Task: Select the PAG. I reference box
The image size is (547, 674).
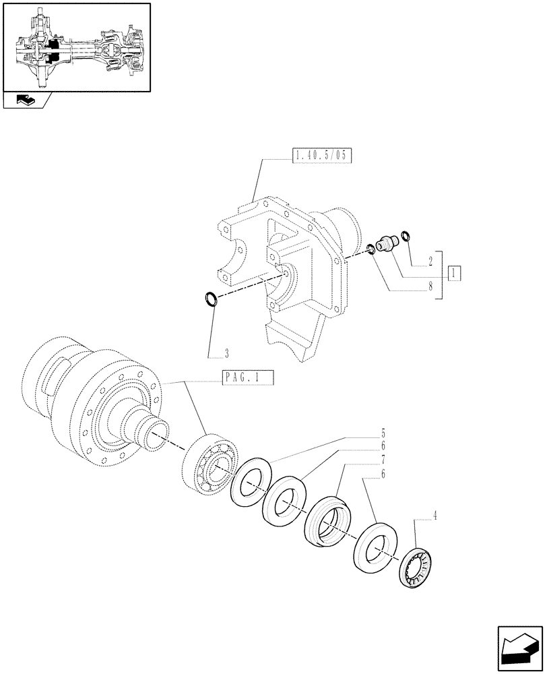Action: click(x=248, y=379)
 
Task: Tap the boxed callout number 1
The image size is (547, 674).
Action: click(x=456, y=274)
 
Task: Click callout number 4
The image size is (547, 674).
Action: click(x=435, y=516)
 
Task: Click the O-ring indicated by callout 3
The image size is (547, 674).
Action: click(x=210, y=297)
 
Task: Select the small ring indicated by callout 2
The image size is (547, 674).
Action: click(x=405, y=235)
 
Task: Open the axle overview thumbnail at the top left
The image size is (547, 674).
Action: click(x=76, y=47)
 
